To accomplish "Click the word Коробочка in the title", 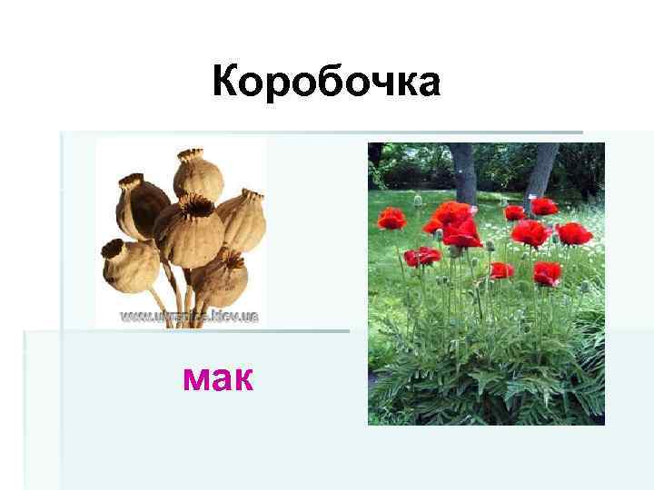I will (326, 83).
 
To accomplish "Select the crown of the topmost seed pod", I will (191, 155).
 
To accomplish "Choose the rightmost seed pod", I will (243, 218).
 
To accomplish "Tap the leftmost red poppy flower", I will (391, 218).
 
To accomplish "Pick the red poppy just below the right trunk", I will (543, 206).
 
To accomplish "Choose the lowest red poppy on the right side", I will (546, 273).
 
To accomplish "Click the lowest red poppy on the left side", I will (421, 256).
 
